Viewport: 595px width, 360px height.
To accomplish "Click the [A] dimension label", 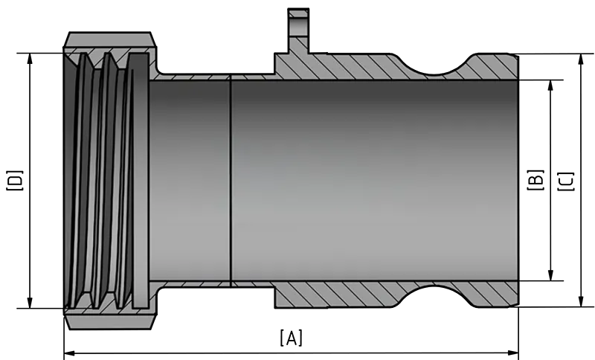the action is tap(292, 338).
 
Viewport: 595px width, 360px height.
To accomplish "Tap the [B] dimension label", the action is tap(535, 180).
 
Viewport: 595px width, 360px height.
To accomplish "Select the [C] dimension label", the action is tap(566, 181).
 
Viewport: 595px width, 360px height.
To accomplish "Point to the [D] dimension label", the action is tap(15, 181).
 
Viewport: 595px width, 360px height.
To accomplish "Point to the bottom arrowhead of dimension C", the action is tap(581, 300).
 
